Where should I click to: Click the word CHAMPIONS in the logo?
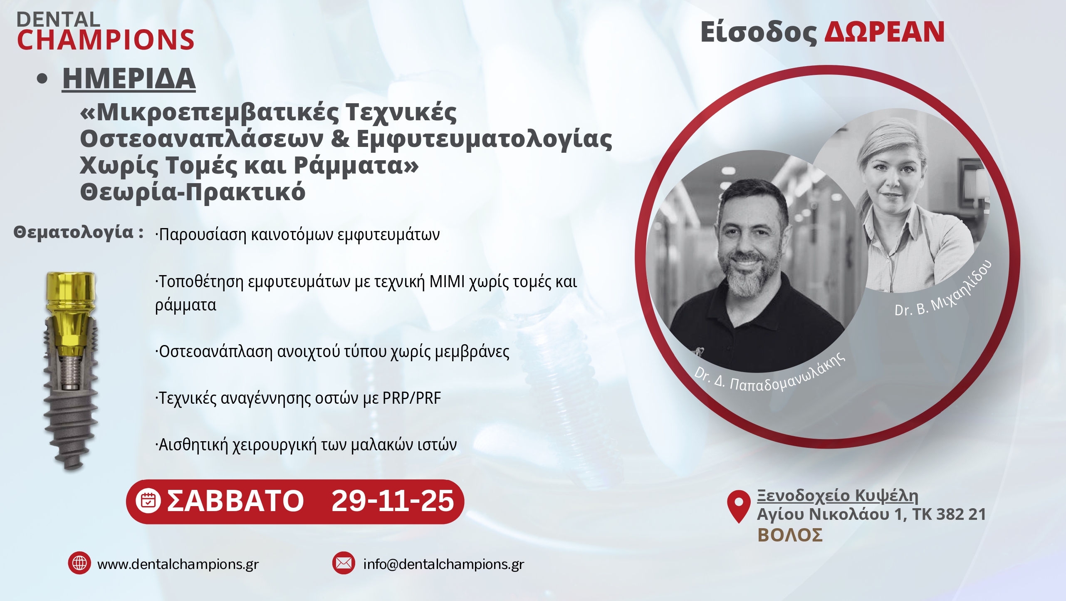tap(106, 40)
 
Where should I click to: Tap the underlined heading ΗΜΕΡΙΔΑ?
tap(129, 78)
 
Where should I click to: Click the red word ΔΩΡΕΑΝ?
tap(884, 32)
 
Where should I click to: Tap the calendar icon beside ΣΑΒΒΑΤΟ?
tap(148, 501)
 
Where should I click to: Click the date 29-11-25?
tap(393, 501)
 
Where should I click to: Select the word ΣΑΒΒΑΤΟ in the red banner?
tap(235, 501)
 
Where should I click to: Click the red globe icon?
tap(79, 563)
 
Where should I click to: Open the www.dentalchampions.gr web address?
tap(178, 564)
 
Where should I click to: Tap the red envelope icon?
tap(344, 563)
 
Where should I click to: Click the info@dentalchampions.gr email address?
tap(444, 564)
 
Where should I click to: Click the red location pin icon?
tap(739, 506)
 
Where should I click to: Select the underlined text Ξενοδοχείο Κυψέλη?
tap(838, 496)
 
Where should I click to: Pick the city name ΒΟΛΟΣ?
tap(790, 535)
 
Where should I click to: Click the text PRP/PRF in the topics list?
tap(412, 398)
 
